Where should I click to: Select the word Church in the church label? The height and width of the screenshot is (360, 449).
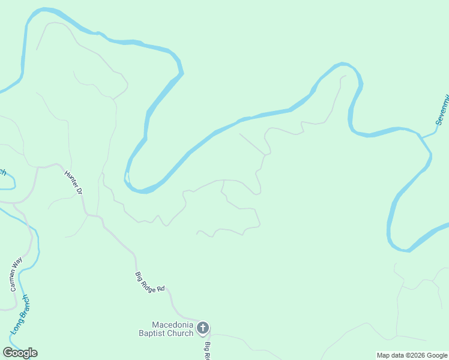181,333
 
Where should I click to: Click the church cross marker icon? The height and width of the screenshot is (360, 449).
203,328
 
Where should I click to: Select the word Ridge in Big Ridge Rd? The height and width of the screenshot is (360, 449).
149,283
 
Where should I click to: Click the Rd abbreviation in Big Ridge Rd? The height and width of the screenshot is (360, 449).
160,289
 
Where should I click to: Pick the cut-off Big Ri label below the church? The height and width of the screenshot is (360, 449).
206,350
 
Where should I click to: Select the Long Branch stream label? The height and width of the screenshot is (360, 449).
20,314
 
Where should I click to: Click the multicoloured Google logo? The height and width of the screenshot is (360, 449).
20,353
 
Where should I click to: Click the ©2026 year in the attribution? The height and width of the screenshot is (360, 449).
417,355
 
